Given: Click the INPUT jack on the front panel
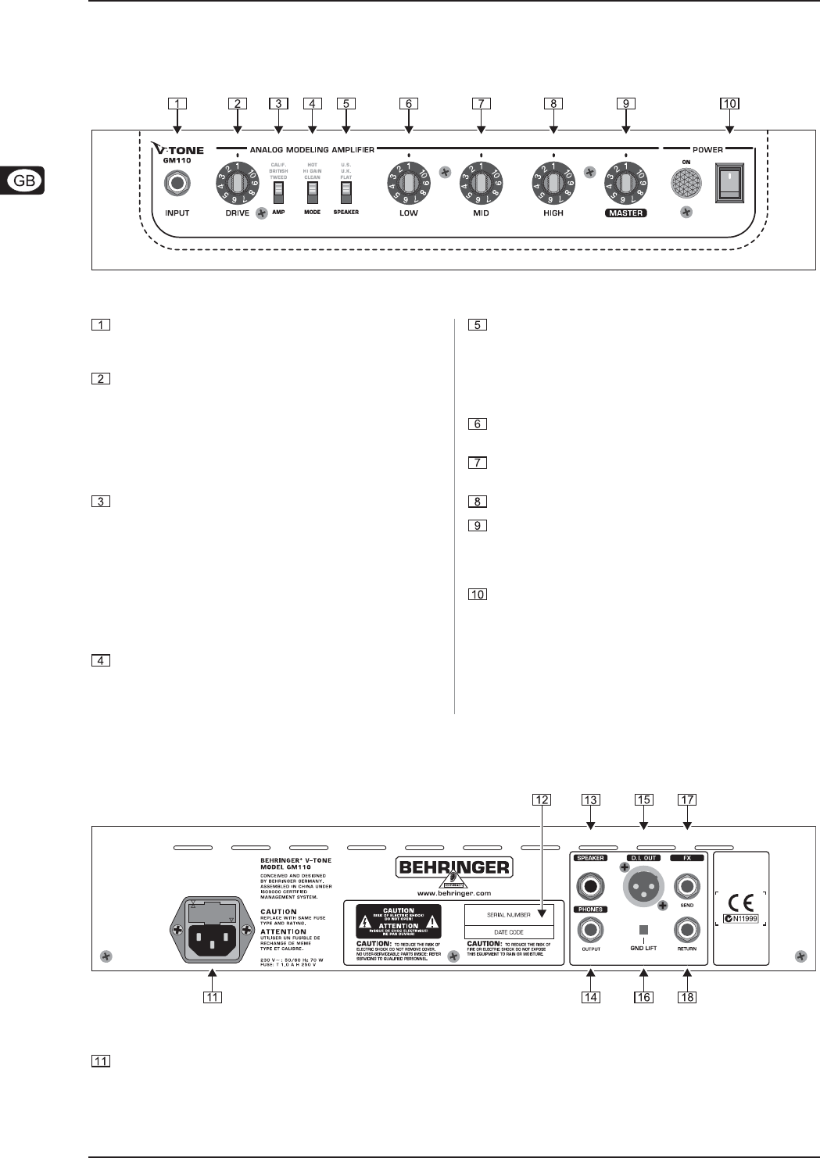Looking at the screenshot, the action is click(x=177, y=184).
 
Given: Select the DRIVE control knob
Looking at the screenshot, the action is click(x=237, y=184).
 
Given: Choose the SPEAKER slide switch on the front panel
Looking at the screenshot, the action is click(x=346, y=193).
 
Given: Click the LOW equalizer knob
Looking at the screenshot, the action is click(x=408, y=184).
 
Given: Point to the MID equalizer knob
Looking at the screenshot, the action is click(x=481, y=184).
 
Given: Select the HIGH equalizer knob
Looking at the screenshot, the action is click(x=553, y=184).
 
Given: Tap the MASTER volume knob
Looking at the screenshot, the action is click(x=625, y=184).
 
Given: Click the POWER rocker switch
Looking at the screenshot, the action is click(x=729, y=184).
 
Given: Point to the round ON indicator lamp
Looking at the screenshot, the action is click(x=686, y=184).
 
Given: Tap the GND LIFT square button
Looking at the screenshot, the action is click(x=643, y=930).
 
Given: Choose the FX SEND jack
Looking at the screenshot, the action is click(x=687, y=887).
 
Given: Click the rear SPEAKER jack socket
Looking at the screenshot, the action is click(x=590, y=887).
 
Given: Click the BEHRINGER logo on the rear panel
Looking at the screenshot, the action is click(x=453, y=867).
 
